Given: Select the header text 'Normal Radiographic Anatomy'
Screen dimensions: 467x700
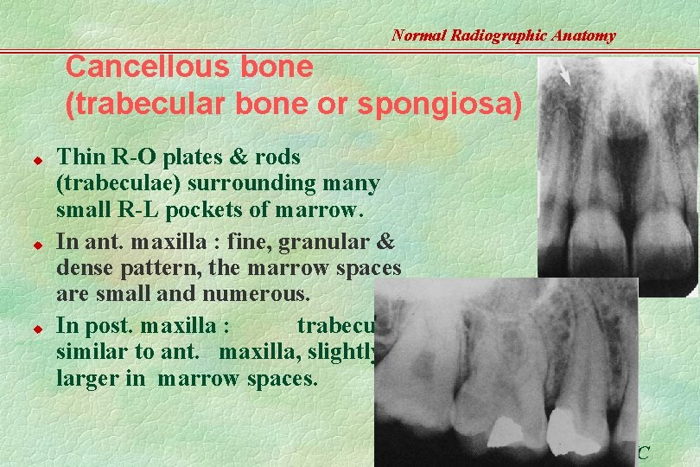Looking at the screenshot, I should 504,35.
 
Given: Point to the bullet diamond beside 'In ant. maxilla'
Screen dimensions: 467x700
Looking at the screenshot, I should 38,246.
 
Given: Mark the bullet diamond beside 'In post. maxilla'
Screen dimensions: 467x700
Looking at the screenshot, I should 38,329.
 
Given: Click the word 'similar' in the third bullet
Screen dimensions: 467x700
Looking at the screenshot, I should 87,352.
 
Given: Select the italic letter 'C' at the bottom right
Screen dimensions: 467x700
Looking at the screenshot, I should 643,452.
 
